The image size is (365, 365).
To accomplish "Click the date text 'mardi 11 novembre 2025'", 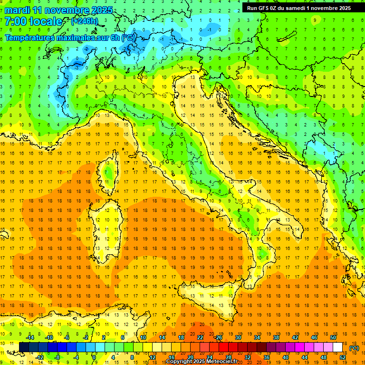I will coord(58,10).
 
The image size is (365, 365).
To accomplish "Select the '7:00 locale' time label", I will coord(33,21).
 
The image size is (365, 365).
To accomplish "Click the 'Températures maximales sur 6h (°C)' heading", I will coord(69,38).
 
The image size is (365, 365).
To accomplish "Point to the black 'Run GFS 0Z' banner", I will coord(299,8).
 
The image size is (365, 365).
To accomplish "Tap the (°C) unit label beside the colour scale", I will coord(354,348).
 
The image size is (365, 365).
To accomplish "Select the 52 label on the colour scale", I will coord(343,357).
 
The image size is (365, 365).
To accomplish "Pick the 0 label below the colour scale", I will coord(94,357).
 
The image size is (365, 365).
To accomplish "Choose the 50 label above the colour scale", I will coord(333,337).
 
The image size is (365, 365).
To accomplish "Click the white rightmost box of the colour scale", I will coord(338,347).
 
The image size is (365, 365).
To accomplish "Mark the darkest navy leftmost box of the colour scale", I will coord(24,347).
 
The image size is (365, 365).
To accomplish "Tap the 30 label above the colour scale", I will coord(238,337).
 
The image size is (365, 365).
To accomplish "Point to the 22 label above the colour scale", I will coord(200,337).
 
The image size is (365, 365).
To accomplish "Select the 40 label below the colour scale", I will coord(286,357).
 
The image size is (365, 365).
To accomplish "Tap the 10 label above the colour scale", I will coord(143,337).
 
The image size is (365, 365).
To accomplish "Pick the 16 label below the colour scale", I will coord(172,357).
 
